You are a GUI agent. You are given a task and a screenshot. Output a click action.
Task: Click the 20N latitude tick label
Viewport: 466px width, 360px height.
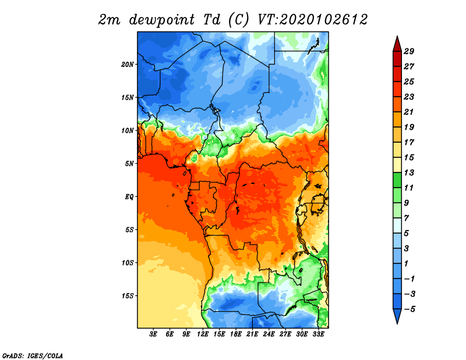[128, 64]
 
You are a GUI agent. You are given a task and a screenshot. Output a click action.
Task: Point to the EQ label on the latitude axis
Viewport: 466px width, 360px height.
[129, 196]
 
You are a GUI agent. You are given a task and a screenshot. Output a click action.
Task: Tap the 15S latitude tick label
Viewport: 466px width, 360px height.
[128, 296]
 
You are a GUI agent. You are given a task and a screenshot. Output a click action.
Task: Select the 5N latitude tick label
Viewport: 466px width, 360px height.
[129, 164]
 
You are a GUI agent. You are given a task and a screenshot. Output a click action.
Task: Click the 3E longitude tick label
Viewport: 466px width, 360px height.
[153, 334]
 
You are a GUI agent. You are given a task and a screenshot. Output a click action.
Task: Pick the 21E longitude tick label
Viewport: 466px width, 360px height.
[252, 334]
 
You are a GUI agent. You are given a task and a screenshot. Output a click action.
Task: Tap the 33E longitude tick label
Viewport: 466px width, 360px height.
[318, 334]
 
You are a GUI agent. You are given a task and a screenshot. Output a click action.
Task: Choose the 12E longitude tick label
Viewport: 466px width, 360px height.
[203, 334]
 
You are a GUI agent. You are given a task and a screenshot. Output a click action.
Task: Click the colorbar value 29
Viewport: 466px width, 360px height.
[409, 51]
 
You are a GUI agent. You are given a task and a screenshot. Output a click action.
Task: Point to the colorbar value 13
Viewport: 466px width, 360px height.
[409, 172]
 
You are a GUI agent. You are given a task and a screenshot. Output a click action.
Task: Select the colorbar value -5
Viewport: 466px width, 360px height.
[409, 309]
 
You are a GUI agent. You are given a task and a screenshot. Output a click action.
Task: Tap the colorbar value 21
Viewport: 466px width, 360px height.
[409, 112]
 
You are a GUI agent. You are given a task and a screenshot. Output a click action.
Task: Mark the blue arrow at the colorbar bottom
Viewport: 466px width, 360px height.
[397, 315]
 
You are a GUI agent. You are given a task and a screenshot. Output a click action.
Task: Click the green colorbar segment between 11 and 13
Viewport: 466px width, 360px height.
[397, 180]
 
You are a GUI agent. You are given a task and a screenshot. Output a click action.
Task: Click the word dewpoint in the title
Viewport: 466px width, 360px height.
[162, 20]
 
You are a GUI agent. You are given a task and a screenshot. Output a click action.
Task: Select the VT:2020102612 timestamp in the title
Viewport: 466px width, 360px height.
[313, 20]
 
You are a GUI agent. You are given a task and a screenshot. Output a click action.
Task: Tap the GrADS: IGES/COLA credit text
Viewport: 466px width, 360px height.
[33, 355]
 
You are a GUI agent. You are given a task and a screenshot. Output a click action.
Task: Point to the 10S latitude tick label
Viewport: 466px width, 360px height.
[128, 263]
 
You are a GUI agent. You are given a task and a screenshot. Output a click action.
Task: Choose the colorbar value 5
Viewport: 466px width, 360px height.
[406, 234]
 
